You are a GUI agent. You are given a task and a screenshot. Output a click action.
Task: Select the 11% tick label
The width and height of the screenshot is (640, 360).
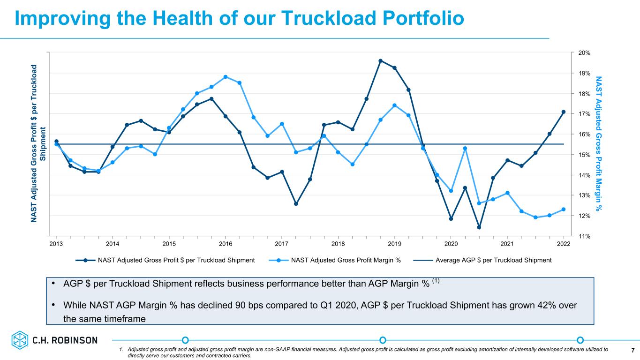584,236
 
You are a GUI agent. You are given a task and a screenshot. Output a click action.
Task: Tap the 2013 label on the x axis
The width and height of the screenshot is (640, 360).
56,244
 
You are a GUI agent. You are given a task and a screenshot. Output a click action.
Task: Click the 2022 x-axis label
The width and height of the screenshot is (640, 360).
564,244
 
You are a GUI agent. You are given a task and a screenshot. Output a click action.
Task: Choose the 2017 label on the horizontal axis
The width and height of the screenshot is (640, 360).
281,244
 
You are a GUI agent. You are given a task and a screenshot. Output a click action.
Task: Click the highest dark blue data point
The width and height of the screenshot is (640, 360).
380,61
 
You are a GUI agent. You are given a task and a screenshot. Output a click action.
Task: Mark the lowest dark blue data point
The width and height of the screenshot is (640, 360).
479,227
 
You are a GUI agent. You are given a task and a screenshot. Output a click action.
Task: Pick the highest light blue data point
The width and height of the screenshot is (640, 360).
226,77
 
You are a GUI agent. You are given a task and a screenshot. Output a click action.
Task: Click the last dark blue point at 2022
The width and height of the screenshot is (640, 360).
564,112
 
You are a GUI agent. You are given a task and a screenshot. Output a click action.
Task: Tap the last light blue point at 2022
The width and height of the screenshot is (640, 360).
564,210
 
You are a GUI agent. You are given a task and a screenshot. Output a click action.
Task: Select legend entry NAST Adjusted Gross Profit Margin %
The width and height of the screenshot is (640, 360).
335,260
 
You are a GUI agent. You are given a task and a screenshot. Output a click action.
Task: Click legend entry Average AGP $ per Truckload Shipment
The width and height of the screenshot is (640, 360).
482,260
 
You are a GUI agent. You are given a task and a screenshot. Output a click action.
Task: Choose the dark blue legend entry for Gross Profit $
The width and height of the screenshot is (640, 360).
165,260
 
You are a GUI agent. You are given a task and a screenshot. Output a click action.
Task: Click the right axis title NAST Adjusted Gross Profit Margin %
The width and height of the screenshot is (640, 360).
599,144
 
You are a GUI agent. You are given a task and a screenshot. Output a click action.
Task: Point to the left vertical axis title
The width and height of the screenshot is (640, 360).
38,143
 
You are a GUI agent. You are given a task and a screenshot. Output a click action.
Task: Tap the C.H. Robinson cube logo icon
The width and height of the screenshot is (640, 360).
20,340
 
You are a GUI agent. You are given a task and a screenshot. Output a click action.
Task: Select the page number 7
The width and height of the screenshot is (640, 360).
633,350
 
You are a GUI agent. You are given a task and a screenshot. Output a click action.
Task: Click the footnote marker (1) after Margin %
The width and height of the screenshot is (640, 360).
436,281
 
